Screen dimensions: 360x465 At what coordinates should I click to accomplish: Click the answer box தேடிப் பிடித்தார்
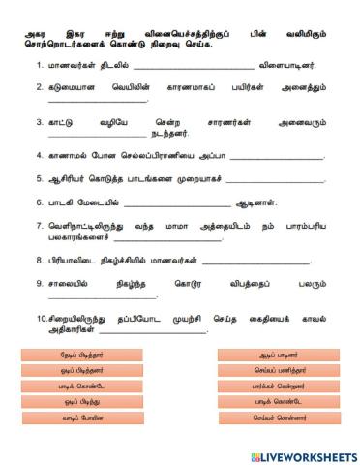[x=81, y=356]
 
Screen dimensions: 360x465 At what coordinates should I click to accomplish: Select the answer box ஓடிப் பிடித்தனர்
[x=81, y=371]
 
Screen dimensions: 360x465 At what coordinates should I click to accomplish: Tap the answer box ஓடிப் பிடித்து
[x=81, y=402]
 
